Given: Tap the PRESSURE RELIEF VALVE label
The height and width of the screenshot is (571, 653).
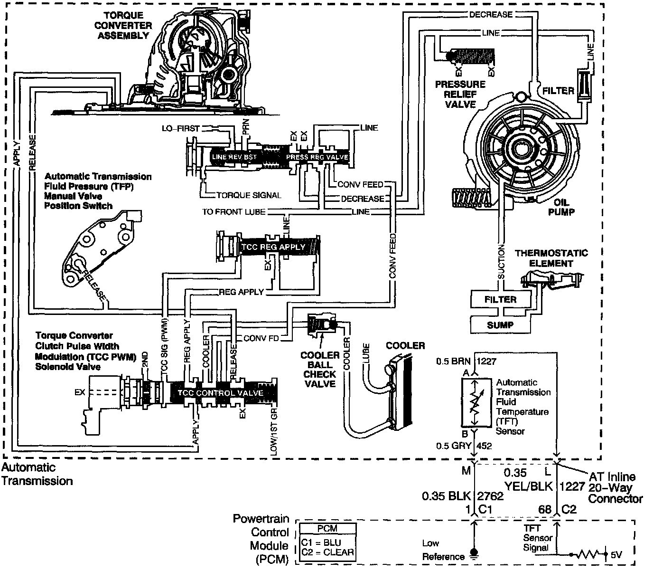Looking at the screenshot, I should click(x=460, y=94).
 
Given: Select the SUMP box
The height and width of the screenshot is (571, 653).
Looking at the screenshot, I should click(x=500, y=325).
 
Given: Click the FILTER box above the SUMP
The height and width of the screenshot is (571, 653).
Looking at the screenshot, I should click(x=500, y=299).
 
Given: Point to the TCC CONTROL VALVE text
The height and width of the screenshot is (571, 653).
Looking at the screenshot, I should click(x=220, y=393).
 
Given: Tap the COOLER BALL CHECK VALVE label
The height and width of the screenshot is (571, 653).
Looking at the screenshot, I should click(x=320, y=369).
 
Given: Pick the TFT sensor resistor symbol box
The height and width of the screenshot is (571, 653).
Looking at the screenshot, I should click(x=475, y=402).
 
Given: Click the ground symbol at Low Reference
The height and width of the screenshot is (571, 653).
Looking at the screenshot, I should click(x=473, y=553).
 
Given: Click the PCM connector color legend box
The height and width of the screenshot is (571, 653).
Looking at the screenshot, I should click(x=327, y=542).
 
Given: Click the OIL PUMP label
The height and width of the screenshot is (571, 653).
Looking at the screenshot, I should click(x=561, y=208).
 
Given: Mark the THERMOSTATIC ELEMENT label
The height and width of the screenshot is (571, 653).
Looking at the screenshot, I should click(x=551, y=258).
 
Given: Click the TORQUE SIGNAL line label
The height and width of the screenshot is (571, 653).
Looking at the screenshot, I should click(x=249, y=195).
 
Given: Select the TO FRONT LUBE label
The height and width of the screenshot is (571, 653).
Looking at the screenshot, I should click(x=234, y=211).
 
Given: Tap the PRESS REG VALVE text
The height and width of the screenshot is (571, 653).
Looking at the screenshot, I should click(x=317, y=157).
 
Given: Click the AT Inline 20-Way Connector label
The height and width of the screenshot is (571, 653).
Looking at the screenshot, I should click(x=615, y=487).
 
